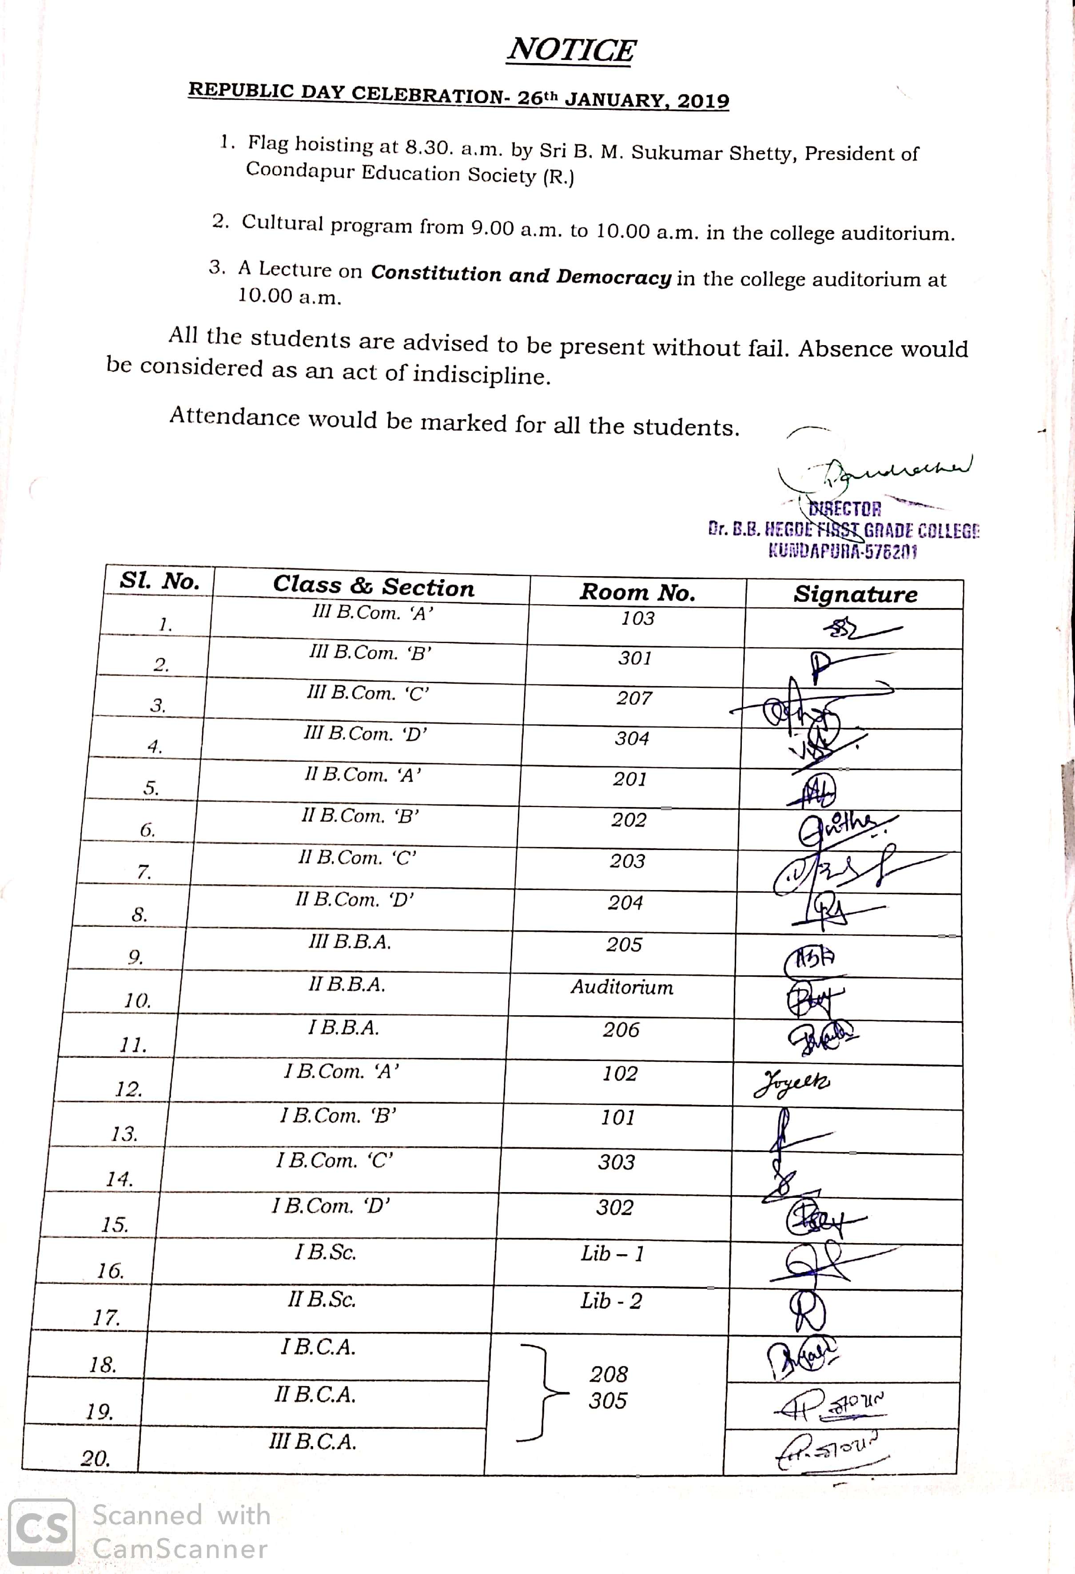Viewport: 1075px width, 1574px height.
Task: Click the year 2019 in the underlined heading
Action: (x=703, y=101)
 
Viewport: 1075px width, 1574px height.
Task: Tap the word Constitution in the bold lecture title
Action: (x=436, y=273)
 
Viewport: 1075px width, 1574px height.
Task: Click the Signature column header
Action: (x=856, y=594)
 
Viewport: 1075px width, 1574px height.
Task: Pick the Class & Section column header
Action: (x=373, y=586)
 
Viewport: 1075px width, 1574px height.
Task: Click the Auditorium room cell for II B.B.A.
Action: (x=622, y=987)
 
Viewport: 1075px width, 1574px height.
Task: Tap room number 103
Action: (x=637, y=618)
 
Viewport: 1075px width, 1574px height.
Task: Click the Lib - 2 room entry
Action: (x=611, y=1301)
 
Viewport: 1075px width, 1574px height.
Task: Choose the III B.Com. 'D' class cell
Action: (x=366, y=734)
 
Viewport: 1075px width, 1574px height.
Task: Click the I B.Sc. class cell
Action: (x=325, y=1252)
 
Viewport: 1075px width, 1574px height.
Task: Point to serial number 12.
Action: (x=129, y=1089)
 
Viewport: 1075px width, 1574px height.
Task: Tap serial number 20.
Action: (x=96, y=1458)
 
